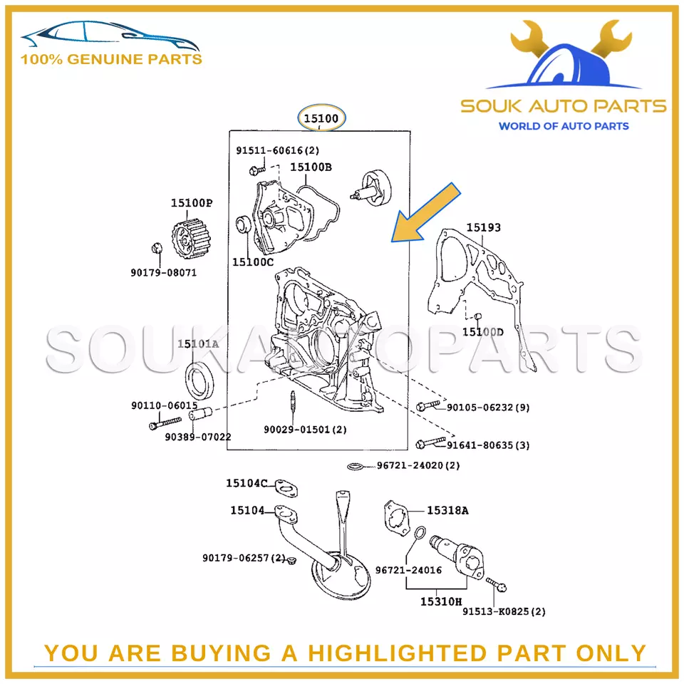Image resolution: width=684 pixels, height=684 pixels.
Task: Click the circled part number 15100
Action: click(x=321, y=118)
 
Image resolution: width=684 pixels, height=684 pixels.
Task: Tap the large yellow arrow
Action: click(x=425, y=212)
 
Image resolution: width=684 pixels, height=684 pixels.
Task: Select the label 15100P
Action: click(x=192, y=203)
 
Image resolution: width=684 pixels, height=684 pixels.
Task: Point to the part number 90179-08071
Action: click(x=164, y=273)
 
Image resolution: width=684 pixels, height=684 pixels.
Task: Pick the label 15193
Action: click(x=483, y=227)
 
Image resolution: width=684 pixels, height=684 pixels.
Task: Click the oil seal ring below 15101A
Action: click(x=200, y=380)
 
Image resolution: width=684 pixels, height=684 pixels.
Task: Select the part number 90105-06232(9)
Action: click(x=488, y=408)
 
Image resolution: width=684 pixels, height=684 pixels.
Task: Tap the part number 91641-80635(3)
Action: click(x=488, y=445)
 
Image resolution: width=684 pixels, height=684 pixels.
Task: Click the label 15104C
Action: click(x=247, y=483)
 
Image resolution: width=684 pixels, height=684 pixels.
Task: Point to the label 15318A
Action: click(x=447, y=510)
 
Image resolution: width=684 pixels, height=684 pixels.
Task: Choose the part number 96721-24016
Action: click(x=408, y=570)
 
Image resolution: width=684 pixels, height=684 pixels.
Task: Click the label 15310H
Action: click(x=441, y=601)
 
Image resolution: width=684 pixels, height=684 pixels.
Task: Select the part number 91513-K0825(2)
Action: click(x=504, y=611)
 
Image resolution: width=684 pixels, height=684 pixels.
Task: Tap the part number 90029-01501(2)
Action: click(x=305, y=430)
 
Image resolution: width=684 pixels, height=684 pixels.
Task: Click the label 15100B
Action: click(x=311, y=167)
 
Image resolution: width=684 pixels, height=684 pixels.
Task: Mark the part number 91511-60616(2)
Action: click(x=277, y=150)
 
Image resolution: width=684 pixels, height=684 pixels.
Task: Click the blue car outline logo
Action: click(x=110, y=35)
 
